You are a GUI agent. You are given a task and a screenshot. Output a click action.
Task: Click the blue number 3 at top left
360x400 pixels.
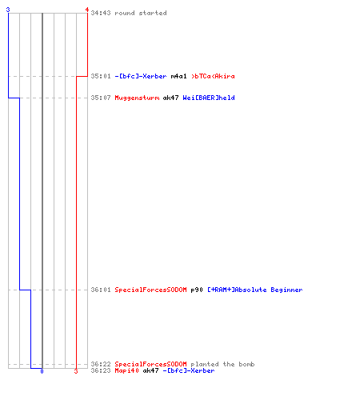[8, 10]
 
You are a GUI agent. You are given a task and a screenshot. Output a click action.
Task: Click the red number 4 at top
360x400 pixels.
[87, 10]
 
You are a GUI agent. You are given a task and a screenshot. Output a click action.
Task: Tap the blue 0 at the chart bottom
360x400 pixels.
[42, 371]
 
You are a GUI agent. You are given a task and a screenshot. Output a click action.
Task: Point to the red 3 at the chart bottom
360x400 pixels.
[76, 371]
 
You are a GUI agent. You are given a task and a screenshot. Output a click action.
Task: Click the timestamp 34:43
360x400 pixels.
[101, 13]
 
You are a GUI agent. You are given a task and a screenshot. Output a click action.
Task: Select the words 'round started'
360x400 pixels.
[141, 13]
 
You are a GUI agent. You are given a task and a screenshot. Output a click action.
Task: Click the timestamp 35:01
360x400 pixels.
[101, 76]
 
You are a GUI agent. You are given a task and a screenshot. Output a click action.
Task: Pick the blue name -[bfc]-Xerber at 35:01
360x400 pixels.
[141, 76]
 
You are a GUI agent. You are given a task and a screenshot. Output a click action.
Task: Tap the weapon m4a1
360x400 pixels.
[178, 76]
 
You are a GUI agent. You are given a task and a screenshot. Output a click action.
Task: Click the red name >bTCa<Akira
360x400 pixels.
[213, 76]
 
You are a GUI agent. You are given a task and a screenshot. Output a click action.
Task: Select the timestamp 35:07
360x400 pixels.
[101, 98]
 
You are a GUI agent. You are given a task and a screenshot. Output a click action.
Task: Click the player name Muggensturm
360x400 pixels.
[137, 98]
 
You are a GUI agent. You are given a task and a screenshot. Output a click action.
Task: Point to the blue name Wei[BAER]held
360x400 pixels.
[209, 98]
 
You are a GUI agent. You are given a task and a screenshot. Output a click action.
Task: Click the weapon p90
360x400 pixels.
[197, 290]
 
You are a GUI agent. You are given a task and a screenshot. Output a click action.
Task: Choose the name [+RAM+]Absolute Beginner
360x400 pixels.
[255, 290]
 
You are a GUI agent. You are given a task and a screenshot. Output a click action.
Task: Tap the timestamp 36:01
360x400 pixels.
[101, 290]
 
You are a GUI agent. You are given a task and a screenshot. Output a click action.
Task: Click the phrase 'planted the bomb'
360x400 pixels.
[222, 364]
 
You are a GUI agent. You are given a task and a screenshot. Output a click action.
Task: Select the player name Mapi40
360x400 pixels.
[126, 370]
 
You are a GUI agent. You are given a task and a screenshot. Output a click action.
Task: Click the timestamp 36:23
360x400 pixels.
[101, 370]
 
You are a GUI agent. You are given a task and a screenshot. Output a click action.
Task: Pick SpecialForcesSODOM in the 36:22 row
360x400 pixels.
[150, 364]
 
